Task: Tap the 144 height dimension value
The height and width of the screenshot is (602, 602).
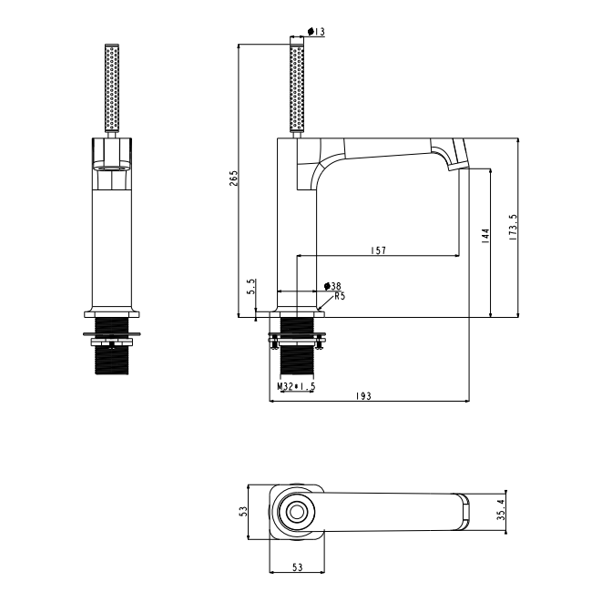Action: (x=486, y=239)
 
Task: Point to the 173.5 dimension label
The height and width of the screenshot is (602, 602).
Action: (x=515, y=229)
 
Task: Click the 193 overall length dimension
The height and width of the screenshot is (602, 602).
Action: (x=365, y=395)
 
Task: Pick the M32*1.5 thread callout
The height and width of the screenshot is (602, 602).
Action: (x=296, y=386)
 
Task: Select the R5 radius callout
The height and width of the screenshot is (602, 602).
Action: (x=339, y=295)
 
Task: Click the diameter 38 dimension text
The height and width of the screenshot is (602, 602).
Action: (x=332, y=286)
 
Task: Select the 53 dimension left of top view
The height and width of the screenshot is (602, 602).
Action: (x=243, y=512)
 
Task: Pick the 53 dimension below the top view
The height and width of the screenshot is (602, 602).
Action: (x=296, y=568)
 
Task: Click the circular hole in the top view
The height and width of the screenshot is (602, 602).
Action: (x=297, y=512)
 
